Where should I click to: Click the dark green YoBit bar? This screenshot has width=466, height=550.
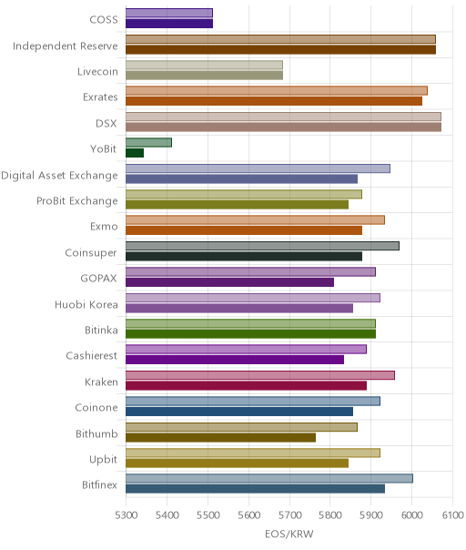point(135,153)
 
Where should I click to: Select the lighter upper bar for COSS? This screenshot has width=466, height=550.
point(169,13)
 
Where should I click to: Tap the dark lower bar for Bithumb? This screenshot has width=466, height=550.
point(220,437)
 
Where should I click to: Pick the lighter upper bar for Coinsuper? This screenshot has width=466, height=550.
point(262,246)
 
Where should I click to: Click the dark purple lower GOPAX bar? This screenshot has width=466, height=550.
point(229,282)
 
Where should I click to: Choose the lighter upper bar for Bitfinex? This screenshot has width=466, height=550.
point(269,478)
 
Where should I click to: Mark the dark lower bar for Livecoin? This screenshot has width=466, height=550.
point(204,76)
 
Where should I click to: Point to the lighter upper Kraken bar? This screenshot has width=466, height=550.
point(260,375)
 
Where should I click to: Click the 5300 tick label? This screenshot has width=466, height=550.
point(126,515)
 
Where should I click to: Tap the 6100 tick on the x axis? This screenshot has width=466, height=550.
point(452,515)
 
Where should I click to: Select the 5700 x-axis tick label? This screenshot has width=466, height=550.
point(289,515)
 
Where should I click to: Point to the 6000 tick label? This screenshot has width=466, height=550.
point(411,515)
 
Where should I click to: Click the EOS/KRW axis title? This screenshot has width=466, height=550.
point(289,535)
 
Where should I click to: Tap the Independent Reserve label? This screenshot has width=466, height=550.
point(66,46)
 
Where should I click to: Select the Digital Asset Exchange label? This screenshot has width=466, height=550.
point(59,176)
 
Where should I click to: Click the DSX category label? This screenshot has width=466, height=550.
point(106,124)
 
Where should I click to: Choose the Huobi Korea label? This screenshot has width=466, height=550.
point(86,304)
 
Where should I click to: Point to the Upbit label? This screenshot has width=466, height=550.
point(103,460)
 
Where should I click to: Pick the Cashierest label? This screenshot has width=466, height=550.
point(92,356)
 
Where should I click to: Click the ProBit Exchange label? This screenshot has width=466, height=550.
point(77,201)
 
